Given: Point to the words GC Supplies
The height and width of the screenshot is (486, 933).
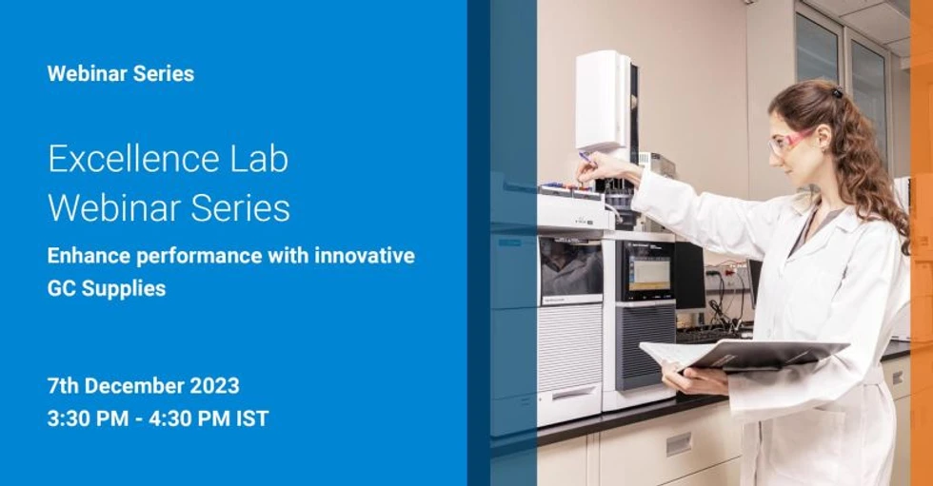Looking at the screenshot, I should [x=106, y=288].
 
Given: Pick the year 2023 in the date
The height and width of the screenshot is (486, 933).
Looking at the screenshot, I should [x=214, y=386].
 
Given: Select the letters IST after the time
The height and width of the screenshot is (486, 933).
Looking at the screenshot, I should [x=252, y=418].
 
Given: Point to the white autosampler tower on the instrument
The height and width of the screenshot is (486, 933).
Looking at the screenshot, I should [x=603, y=100].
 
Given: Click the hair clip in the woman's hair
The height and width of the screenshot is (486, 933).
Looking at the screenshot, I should [x=836, y=92].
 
